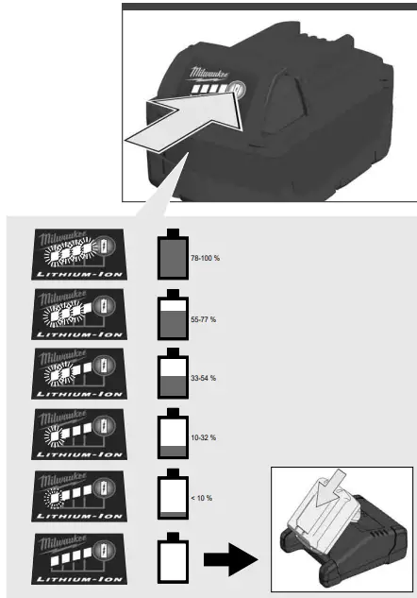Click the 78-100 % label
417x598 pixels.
(x=205, y=258)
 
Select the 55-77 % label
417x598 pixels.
(x=202, y=320)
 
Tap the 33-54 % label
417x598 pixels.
(x=202, y=378)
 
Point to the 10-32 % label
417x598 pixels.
(x=202, y=437)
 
